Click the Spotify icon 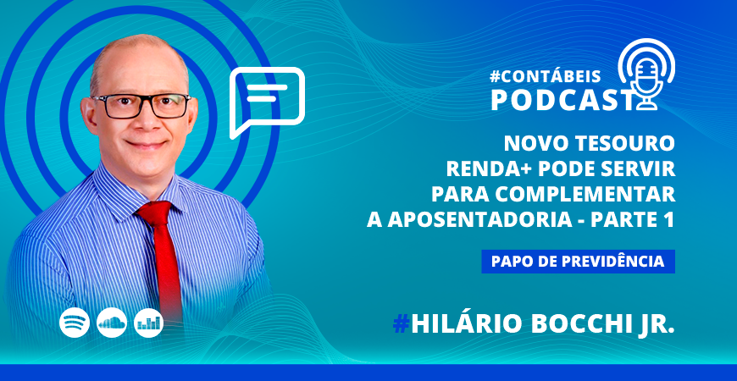click(x=75, y=323)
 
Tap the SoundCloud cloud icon click(x=111, y=323)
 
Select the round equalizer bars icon click(x=148, y=323)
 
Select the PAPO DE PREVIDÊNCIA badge click(x=578, y=262)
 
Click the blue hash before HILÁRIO click(x=401, y=324)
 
